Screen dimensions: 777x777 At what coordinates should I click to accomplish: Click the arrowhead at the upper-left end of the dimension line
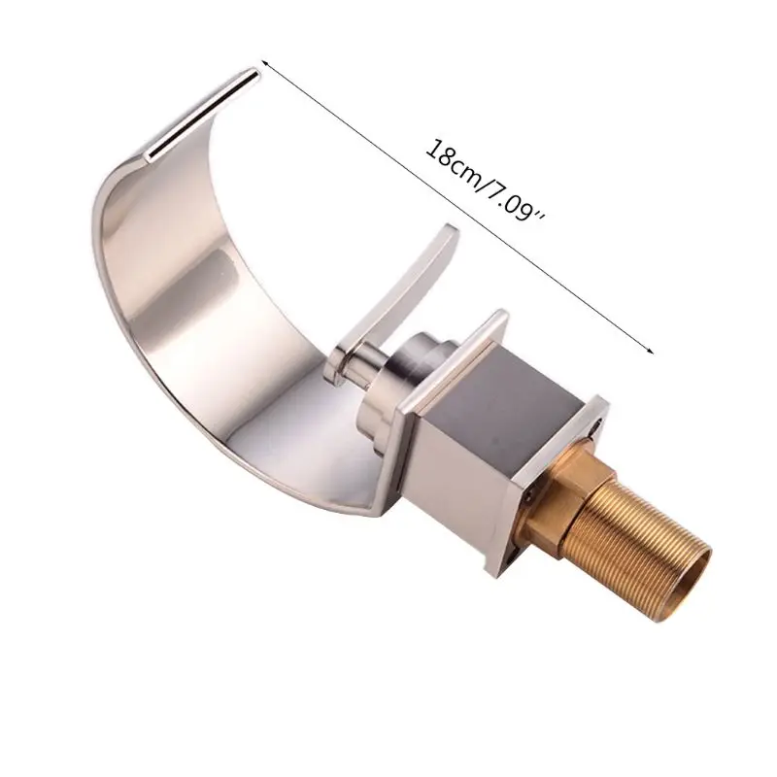tap(264, 63)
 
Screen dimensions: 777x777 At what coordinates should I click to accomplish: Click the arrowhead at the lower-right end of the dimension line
tap(649, 350)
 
